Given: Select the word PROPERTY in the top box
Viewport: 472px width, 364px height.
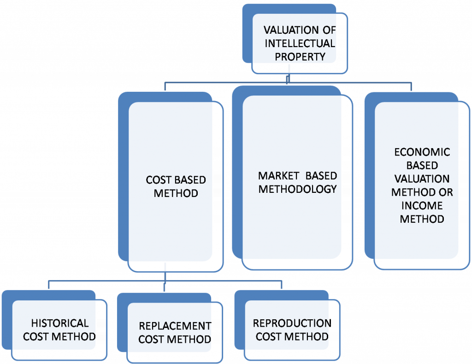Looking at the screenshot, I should [x=300, y=57].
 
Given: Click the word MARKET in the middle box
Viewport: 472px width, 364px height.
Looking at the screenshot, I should [x=275, y=176].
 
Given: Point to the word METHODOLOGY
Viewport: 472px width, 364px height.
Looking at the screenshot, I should [x=298, y=189].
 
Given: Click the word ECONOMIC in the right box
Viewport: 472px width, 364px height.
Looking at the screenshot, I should [x=422, y=153].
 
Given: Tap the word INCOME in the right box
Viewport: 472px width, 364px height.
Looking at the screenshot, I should [x=422, y=205].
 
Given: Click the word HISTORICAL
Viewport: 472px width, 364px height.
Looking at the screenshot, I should [x=59, y=323].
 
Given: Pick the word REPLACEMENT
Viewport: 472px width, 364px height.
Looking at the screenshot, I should [x=175, y=326].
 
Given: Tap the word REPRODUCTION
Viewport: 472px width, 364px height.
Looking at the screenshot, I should [x=292, y=323].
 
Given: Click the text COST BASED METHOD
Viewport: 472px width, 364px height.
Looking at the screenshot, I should [x=176, y=186].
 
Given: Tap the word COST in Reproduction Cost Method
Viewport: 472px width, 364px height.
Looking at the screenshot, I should [x=268, y=336].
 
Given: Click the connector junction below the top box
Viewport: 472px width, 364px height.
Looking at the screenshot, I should [x=288, y=82].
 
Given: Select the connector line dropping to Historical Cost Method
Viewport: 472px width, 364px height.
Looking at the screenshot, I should [x=49, y=285].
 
